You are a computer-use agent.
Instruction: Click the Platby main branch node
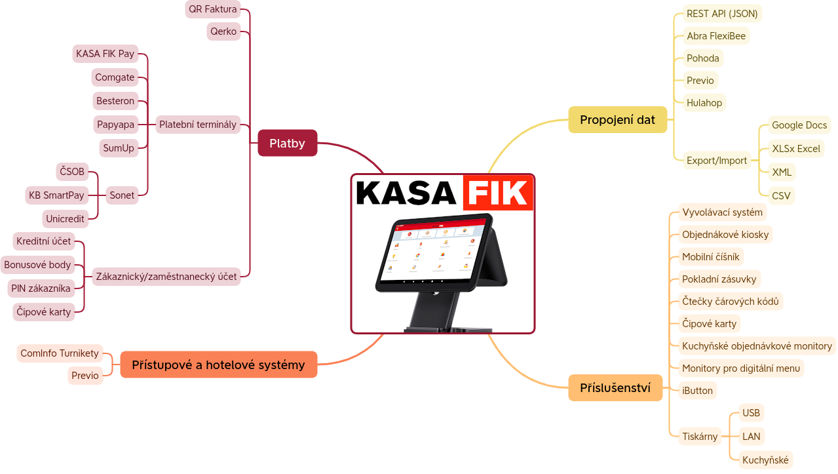[x=287, y=143]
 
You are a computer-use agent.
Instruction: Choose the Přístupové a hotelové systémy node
[x=218, y=365]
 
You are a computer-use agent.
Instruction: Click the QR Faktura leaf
[x=212, y=9]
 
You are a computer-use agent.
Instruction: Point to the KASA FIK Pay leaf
[x=105, y=54]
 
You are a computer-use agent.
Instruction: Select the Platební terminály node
[x=197, y=125]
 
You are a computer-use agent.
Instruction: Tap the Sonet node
[x=122, y=195]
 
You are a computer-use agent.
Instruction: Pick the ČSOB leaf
[x=71, y=172]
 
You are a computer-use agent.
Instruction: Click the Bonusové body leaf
[x=37, y=265]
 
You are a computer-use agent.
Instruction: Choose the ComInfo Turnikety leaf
[x=60, y=353]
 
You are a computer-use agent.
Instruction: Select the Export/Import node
[x=716, y=160]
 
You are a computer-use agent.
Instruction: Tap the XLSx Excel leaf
[x=795, y=149]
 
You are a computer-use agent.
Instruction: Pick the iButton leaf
[x=697, y=391]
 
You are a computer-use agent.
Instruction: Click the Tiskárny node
[x=700, y=437]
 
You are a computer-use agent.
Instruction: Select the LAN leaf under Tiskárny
[x=751, y=436]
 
